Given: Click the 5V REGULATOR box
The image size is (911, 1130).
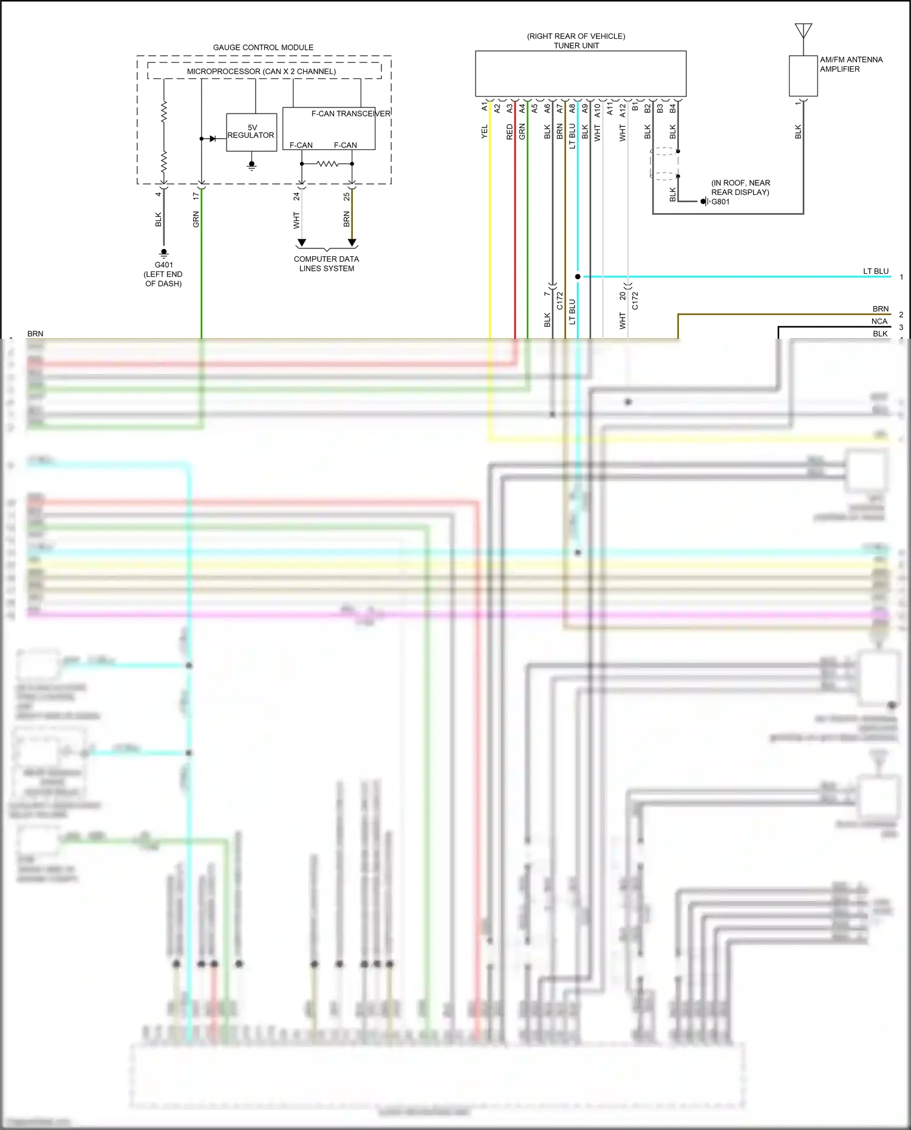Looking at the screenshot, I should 251,132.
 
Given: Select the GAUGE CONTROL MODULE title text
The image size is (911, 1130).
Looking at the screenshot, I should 263,47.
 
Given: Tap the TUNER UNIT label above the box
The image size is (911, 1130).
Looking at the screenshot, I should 576,46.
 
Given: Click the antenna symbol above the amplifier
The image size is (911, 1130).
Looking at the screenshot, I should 803,30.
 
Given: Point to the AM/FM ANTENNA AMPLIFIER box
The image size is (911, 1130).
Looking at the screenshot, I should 803,76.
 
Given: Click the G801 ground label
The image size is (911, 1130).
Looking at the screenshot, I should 720,202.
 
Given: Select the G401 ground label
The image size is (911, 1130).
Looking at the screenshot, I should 163,265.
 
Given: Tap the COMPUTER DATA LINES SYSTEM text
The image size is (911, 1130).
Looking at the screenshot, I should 326,264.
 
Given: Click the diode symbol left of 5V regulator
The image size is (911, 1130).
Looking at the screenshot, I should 213,139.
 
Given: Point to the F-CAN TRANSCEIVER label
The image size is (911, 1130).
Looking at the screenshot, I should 350,114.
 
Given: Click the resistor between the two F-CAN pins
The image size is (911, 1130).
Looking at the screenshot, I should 327,164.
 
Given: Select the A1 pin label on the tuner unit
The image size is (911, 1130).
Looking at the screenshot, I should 485,107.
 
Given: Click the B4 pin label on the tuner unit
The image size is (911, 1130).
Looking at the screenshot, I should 673,108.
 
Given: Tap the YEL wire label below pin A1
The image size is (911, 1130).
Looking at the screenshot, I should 485,132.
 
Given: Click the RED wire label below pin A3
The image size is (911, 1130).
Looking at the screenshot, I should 510,132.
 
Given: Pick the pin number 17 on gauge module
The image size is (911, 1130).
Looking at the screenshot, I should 196,196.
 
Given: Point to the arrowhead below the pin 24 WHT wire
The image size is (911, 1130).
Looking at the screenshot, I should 301,243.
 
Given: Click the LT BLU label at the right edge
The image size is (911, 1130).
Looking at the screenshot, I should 876,271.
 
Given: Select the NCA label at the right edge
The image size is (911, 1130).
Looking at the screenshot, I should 879,321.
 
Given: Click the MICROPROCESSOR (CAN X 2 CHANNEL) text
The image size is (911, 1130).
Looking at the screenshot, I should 261,72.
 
